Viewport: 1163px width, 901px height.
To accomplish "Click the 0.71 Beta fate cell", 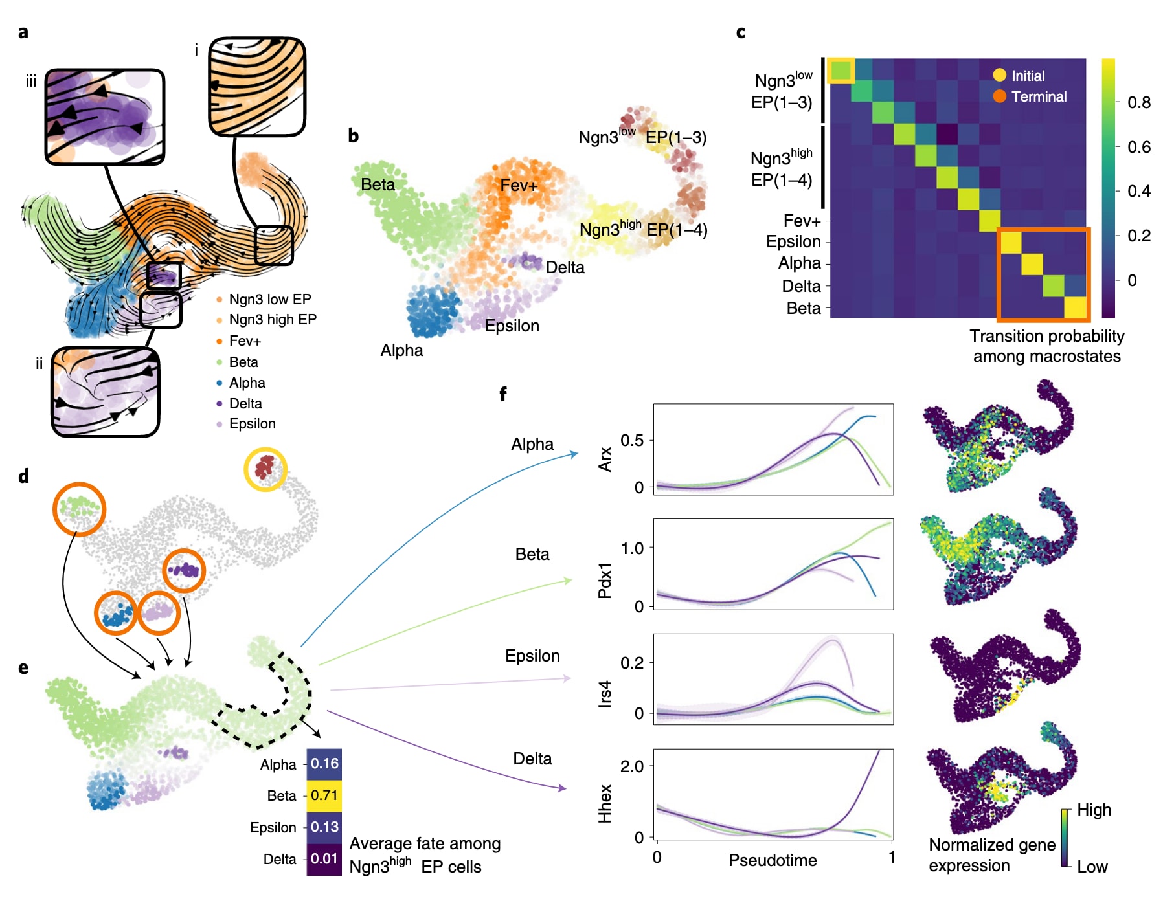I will tap(324, 795).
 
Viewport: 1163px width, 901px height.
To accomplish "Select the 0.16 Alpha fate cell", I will tap(324, 764).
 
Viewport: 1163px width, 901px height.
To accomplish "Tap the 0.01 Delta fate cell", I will tap(324, 859).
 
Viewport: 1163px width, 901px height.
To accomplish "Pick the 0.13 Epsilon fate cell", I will tap(324, 827).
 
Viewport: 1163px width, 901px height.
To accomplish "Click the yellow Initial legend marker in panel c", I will tap(1000, 76).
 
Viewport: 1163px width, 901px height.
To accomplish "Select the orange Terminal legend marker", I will tap(1000, 96).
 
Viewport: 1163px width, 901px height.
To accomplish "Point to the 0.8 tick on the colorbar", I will tap(1139, 102).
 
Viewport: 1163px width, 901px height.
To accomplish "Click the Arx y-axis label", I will tap(605, 459).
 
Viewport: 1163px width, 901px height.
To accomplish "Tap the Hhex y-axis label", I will tap(605, 803).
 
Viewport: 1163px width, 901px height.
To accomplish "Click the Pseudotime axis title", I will tap(773, 860).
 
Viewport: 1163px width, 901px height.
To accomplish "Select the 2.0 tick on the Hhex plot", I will tap(632, 767).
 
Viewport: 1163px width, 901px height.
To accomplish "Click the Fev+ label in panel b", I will tap(519, 186).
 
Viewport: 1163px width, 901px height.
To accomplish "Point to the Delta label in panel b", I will tap(565, 267).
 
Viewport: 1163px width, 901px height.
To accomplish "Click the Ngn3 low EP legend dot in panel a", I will tap(220, 299).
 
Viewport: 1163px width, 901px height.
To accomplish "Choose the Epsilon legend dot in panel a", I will tap(220, 424).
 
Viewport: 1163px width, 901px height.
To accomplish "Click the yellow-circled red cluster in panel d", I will tap(265, 467).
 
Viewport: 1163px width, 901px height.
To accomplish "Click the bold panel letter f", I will tap(503, 394).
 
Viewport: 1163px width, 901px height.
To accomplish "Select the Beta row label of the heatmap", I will tap(803, 308).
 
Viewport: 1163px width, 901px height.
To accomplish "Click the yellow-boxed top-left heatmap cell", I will tap(841, 71).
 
